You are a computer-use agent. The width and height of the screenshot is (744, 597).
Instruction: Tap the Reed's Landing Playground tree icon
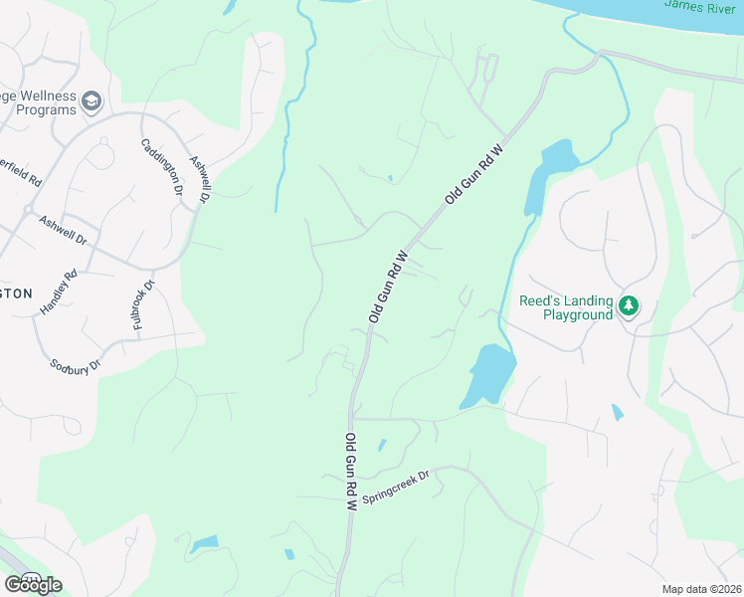(628, 305)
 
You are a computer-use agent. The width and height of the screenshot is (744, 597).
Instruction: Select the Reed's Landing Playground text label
(563, 307)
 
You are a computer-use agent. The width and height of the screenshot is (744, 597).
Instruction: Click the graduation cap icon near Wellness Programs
(92, 101)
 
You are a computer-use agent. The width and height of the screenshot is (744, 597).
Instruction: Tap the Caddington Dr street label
(162, 166)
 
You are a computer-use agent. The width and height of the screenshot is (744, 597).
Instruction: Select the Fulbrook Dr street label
(144, 305)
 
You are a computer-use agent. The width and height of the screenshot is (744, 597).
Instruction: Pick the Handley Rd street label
(58, 294)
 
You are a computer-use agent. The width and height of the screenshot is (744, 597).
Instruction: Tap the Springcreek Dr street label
(395, 483)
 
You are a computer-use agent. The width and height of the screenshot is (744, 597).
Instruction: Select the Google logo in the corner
(32, 584)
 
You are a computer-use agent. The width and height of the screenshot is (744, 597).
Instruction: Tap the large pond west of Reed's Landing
(488, 375)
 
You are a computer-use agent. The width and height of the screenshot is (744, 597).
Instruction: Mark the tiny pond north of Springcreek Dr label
(382, 444)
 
